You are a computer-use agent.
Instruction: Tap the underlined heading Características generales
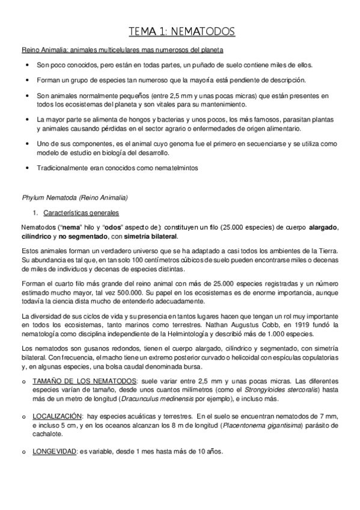78,213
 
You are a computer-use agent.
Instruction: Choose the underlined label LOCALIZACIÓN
57,416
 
